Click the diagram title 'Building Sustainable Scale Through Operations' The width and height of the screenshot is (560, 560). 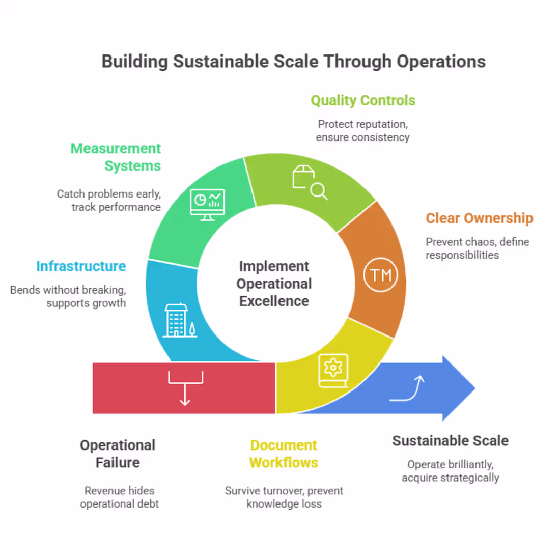[x=293, y=62]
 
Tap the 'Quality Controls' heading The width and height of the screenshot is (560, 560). [x=363, y=100]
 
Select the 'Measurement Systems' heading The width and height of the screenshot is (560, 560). [x=116, y=157]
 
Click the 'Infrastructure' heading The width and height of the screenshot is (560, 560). [x=81, y=266]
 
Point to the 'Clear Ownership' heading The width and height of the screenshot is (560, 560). [x=479, y=218]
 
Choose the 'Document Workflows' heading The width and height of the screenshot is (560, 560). [x=284, y=454]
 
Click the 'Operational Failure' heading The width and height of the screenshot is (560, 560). [x=118, y=454]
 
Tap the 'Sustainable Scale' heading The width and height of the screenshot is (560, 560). [x=450, y=441]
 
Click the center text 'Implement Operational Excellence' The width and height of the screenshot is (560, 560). [x=274, y=284]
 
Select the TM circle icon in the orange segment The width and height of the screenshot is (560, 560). [x=380, y=275]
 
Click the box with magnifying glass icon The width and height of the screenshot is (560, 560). [x=309, y=182]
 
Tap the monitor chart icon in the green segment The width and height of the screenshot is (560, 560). [x=207, y=204]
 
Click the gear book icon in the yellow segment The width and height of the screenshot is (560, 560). [x=333, y=370]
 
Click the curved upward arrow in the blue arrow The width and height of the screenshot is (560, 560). [x=407, y=389]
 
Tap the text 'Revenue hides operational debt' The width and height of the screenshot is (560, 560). [x=119, y=497]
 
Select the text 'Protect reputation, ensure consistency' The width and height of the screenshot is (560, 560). [x=362, y=131]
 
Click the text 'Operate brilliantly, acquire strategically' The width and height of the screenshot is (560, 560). [x=450, y=471]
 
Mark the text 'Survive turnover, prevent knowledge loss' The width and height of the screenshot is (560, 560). [x=284, y=497]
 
